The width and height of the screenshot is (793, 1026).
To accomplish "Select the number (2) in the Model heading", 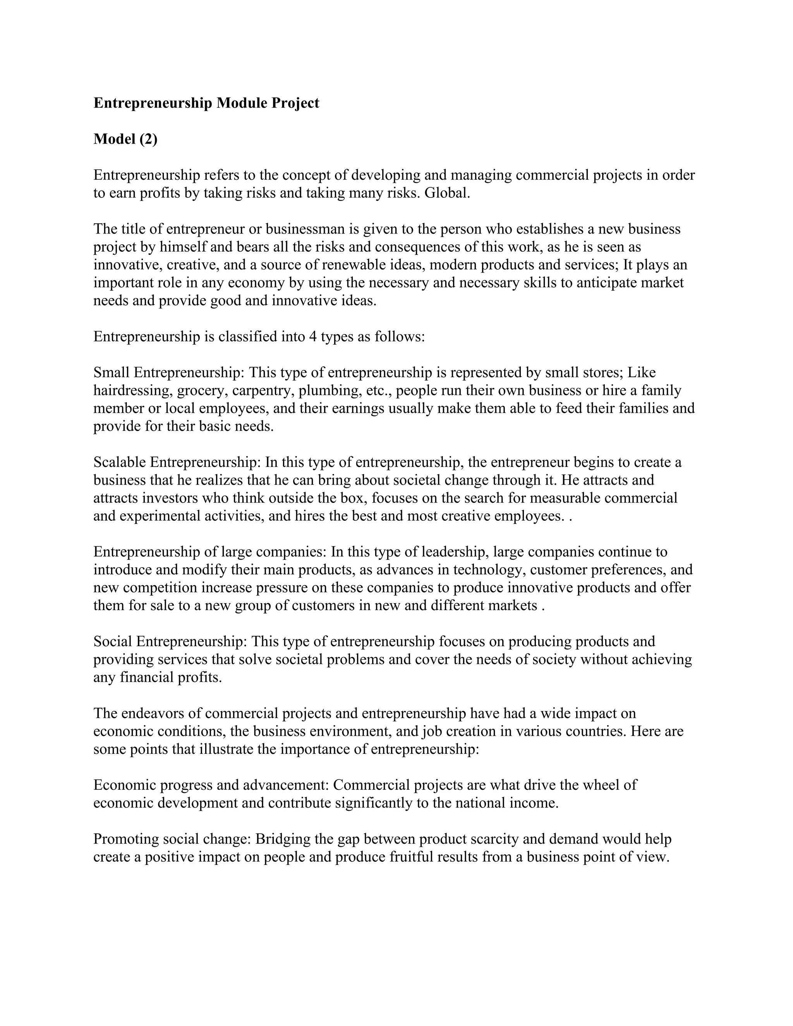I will pyautogui.click(x=148, y=139).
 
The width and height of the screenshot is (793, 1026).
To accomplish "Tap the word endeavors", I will pyautogui.click(x=152, y=713).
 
